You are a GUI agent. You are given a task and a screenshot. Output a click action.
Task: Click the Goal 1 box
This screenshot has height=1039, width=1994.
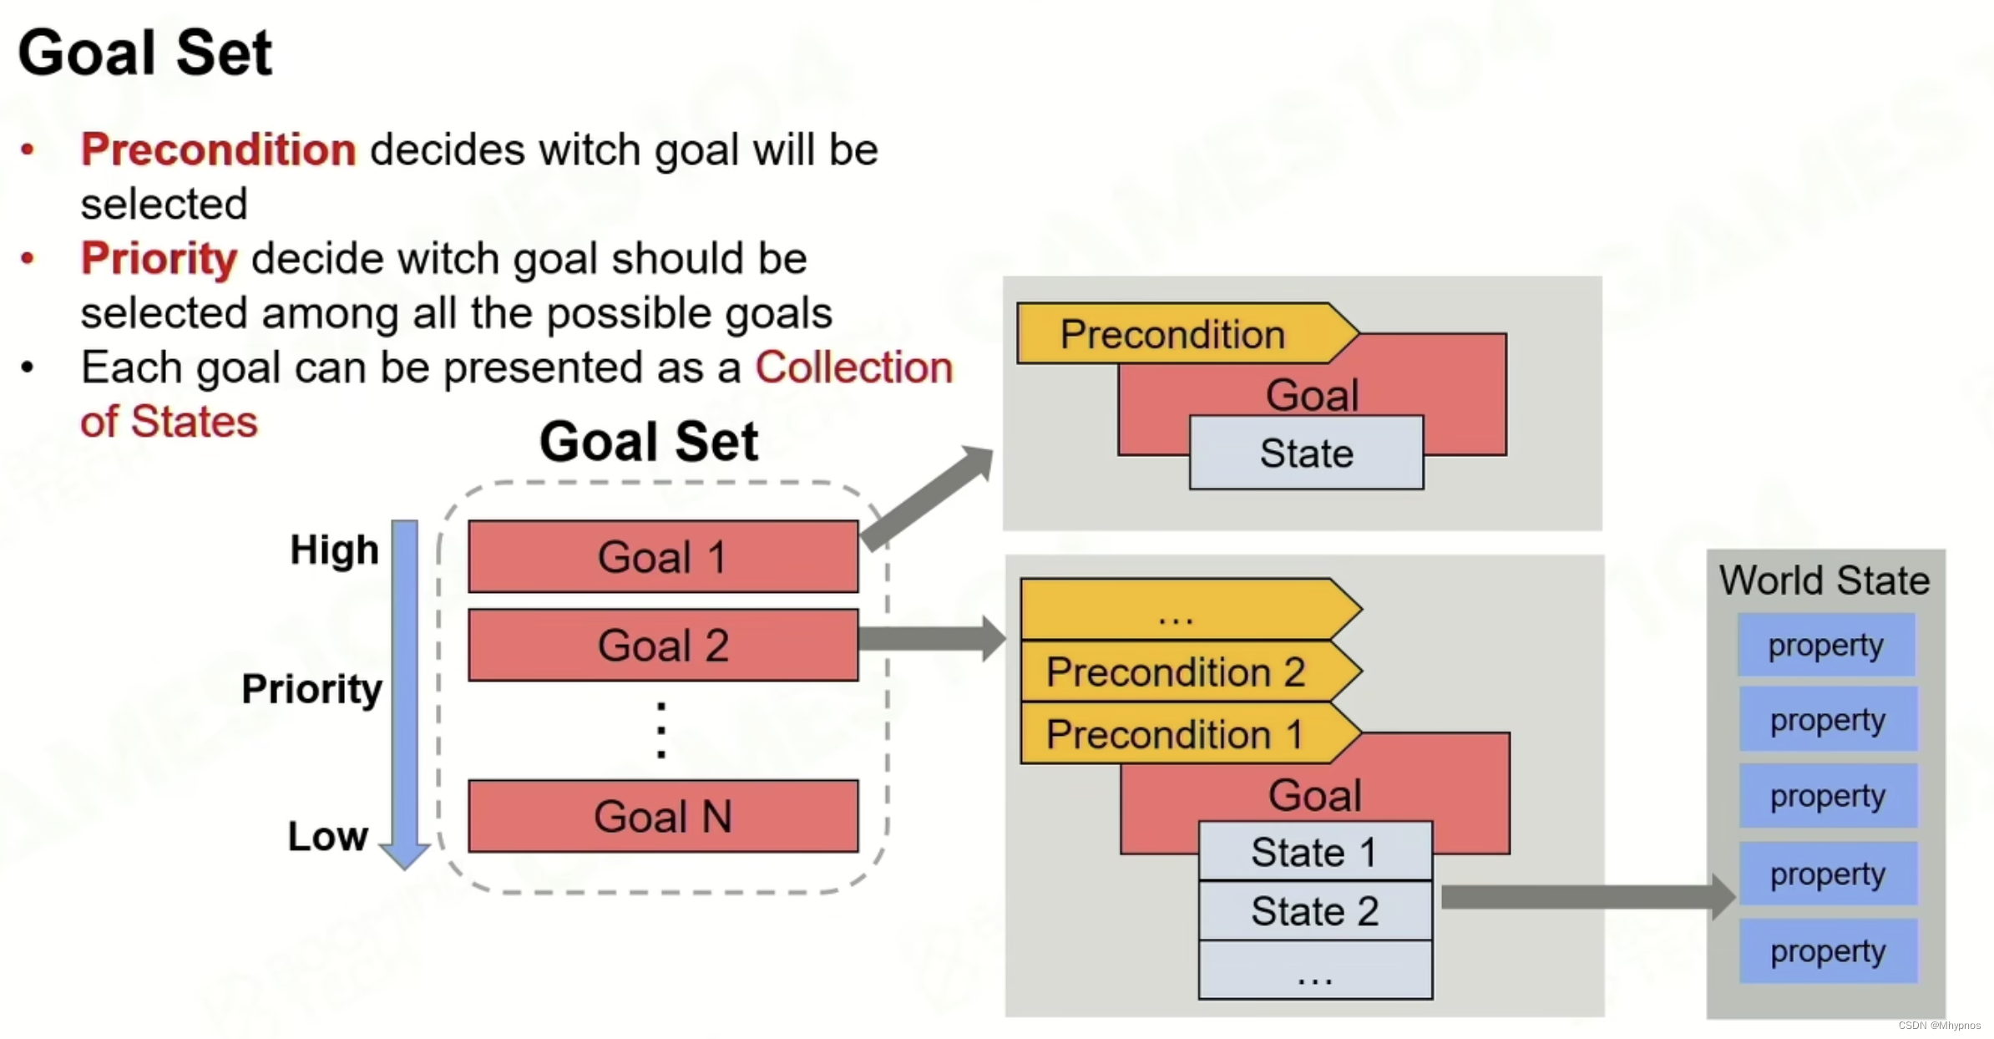(663, 557)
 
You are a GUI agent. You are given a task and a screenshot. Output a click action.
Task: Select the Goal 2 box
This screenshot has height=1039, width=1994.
(663, 646)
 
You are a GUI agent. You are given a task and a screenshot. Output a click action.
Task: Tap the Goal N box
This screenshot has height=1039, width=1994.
(663, 816)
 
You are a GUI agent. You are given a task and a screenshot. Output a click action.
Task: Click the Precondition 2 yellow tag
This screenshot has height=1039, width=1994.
(1176, 672)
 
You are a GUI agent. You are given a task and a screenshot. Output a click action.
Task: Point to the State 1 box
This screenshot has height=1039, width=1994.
(1314, 853)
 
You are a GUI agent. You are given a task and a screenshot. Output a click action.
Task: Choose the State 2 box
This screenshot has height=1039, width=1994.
(1314, 911)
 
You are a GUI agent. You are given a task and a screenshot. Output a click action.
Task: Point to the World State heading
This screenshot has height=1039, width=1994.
(1824, 580)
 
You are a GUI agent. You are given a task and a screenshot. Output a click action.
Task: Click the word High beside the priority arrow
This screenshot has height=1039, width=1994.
(334, 550)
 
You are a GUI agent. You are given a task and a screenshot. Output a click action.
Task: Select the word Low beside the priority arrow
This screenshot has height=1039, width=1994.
(327, 836)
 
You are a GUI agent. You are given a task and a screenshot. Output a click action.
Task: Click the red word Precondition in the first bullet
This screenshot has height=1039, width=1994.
(219, 150)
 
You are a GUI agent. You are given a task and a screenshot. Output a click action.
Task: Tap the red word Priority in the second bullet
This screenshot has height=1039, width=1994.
(159, 259)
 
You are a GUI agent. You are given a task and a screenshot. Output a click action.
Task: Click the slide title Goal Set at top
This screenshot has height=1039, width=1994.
(145, 53)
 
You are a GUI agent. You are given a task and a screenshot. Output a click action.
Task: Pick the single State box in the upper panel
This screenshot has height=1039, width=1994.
(1306, 453)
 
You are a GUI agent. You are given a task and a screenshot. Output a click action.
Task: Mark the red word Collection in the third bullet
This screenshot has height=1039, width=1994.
(853, 367)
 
